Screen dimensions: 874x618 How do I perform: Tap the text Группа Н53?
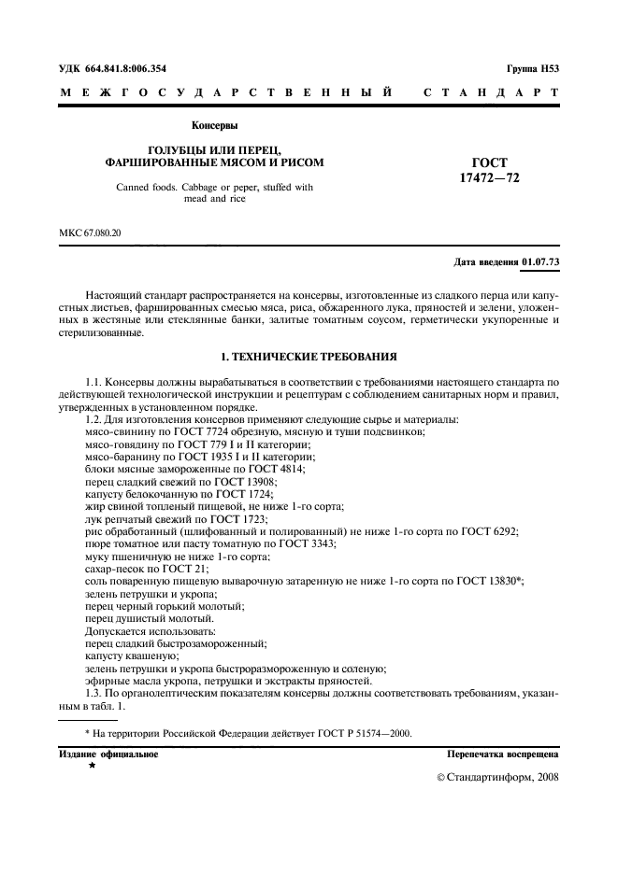pos(532,68)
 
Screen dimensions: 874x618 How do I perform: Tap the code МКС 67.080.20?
pos(91,232)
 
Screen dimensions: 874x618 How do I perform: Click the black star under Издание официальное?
pos(92,766)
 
